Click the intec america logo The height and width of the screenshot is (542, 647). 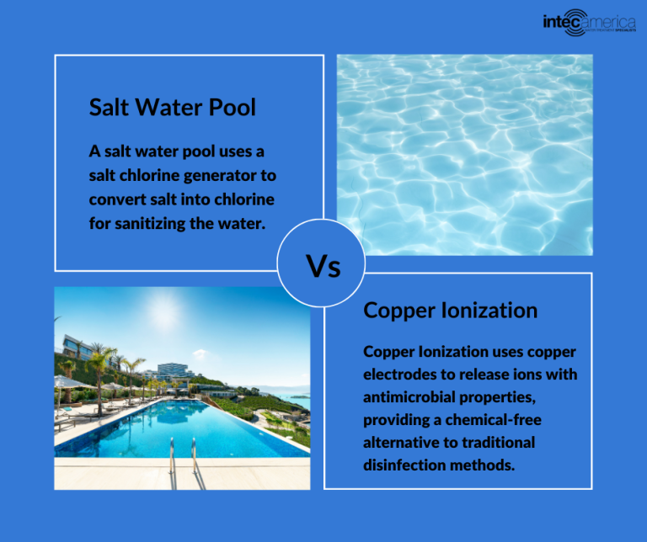(x=589, y=19)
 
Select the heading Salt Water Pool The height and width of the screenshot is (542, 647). (x=172, y=108)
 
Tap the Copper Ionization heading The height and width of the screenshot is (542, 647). (x=450, y=310)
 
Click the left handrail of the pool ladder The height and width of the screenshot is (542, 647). (x=173, y=454)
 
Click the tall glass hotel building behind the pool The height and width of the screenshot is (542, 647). (x=175, y=371)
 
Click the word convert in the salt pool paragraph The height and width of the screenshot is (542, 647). (x=115, y=199)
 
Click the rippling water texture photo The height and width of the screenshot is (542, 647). (x=464, y=155)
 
